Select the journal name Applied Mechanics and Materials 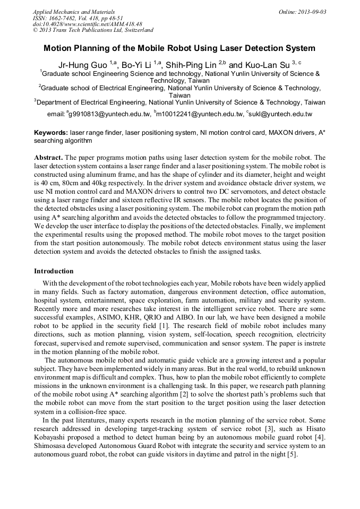(x=74, y=12)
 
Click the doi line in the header (x=87, y=24)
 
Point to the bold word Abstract (x=48, y=158)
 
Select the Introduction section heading (x=54, y=271)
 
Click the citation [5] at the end (x=292, y=455)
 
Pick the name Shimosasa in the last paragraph (x=53, y=447)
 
